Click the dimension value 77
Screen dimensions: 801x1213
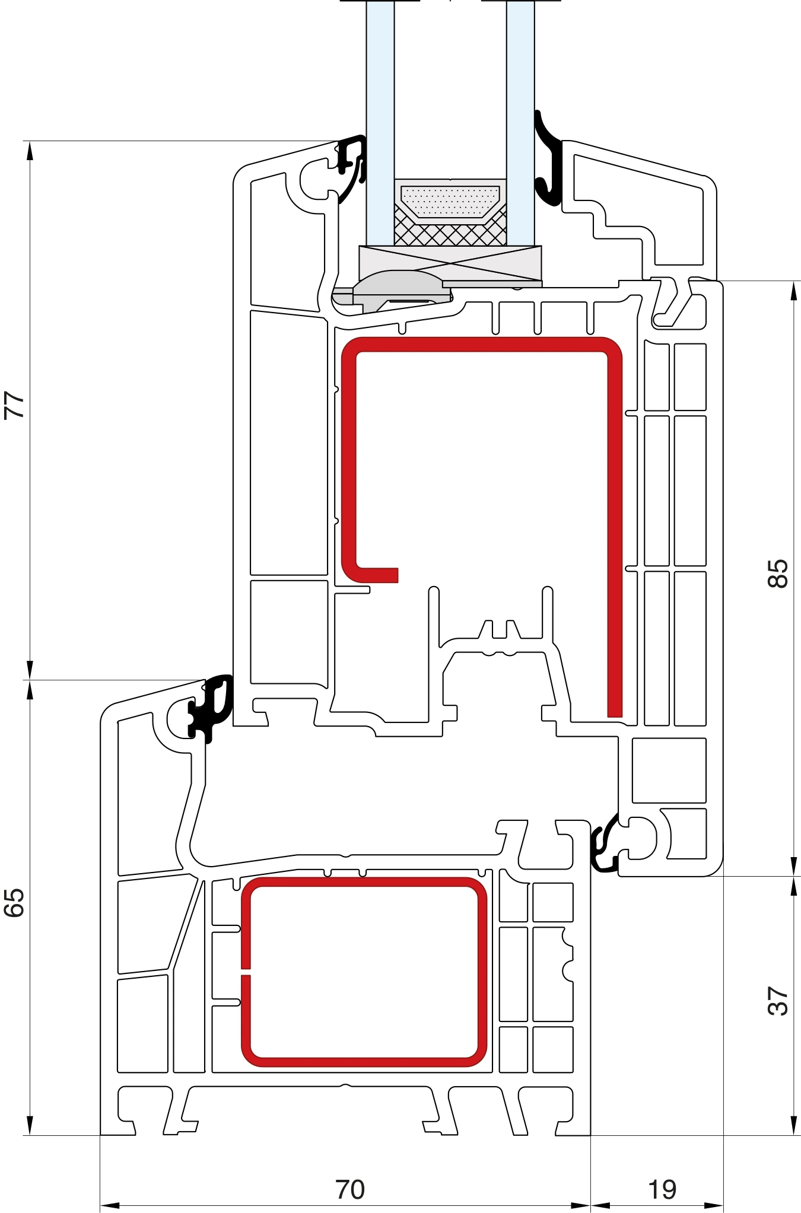[14, 405]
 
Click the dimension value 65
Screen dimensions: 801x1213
[14, 903]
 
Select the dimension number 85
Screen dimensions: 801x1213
[778, 573]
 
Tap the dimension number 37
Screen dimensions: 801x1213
[778, 1001]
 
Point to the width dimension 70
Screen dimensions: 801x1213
[350, 1189]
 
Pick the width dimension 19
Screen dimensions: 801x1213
[662, 1189]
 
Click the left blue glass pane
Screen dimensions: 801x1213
[380, 123]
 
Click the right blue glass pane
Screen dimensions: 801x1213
[520, 123]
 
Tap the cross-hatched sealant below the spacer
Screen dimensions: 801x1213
[450, 233]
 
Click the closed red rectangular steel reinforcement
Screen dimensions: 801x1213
[364, 972]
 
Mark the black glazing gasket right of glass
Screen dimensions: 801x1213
[548, 159]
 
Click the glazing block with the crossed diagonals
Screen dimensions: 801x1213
[450, 263]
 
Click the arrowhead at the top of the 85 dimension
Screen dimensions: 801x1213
[794, 291]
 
